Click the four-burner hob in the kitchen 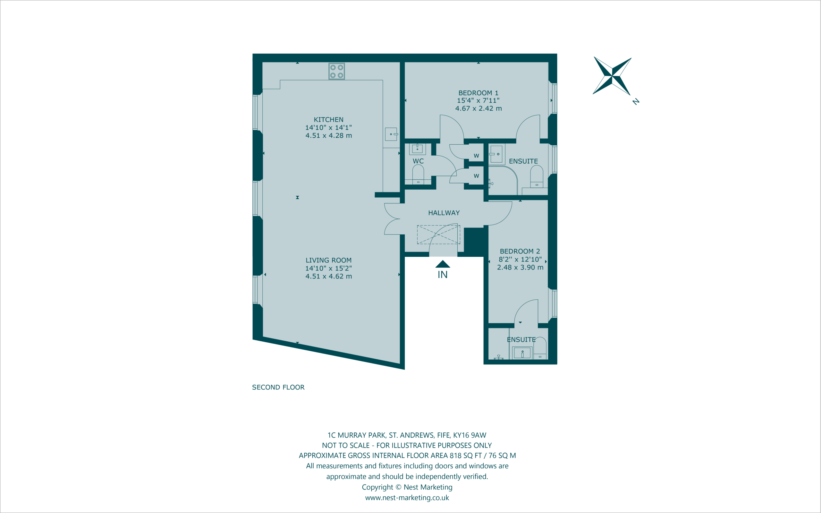coord(336,71)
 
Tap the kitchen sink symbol coord(391,134)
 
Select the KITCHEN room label coord(329,119)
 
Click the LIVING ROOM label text coord(329,260)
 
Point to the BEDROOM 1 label coord(478,93)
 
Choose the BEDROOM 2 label coord(520,252)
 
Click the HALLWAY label coord(444,213)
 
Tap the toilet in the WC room coord(418,175)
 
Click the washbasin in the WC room coord(418,149)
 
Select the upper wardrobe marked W coord(476,156)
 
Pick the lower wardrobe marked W coord(476,176)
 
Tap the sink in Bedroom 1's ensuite coord(496,154)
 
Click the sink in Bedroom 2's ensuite coord(522,353)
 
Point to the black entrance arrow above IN coord(443,264)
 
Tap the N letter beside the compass coord(636,101)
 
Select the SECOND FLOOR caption coord(278,388)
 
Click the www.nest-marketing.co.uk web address coord(407,498)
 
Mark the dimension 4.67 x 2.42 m coord(478,108)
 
